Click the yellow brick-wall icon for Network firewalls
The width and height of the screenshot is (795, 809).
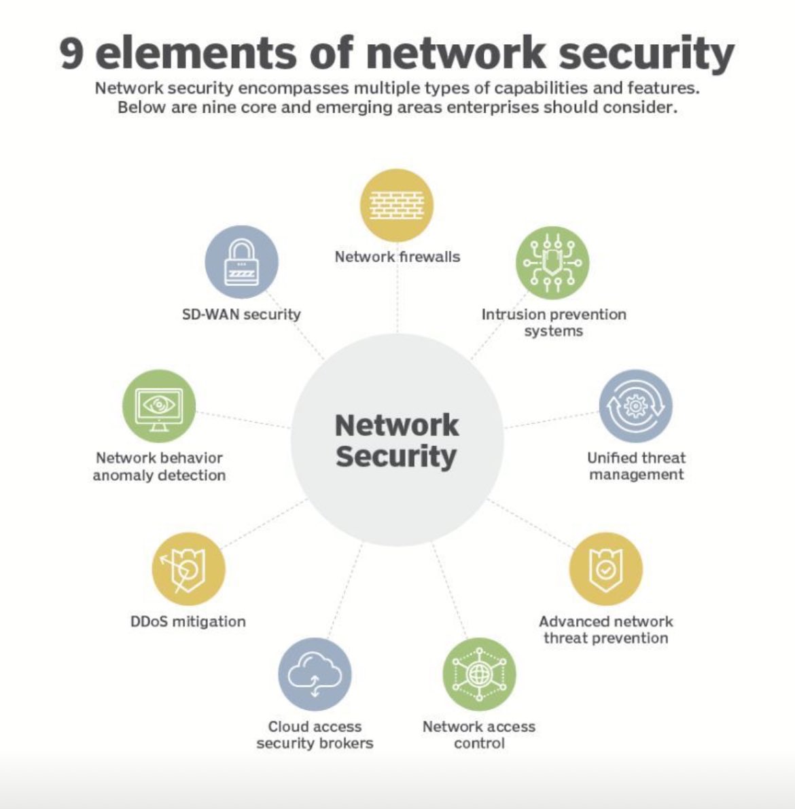(x=397, y=206)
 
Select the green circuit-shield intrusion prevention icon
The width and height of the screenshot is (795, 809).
(x=552, y=263)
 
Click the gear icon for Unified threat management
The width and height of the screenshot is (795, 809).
(x=635, y=406)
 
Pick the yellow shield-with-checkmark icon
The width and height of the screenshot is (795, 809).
(x=605, y=569)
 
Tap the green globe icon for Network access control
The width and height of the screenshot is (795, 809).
(x=479, y=674)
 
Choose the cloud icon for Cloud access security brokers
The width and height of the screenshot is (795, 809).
(x=315, y=674)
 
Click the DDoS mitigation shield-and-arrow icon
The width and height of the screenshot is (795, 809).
(x=188, y=569)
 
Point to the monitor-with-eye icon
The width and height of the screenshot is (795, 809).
(x=159, y=406)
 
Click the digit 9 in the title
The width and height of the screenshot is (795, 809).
(x=72, y=53)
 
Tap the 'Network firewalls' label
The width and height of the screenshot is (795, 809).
(x=397, y=257)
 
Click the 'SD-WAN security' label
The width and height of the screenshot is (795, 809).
(x=241, y=314)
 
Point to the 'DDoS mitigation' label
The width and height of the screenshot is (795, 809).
(x=188, y=622)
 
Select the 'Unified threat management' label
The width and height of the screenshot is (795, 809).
(x=636, y=466)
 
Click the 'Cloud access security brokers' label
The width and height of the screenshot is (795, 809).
(x=315, y=735)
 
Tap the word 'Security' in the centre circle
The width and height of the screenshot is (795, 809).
(x=396, y=456)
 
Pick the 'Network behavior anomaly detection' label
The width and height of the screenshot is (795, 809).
(x=159, y=466)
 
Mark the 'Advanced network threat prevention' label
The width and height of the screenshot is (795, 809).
(x=605, y=630)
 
